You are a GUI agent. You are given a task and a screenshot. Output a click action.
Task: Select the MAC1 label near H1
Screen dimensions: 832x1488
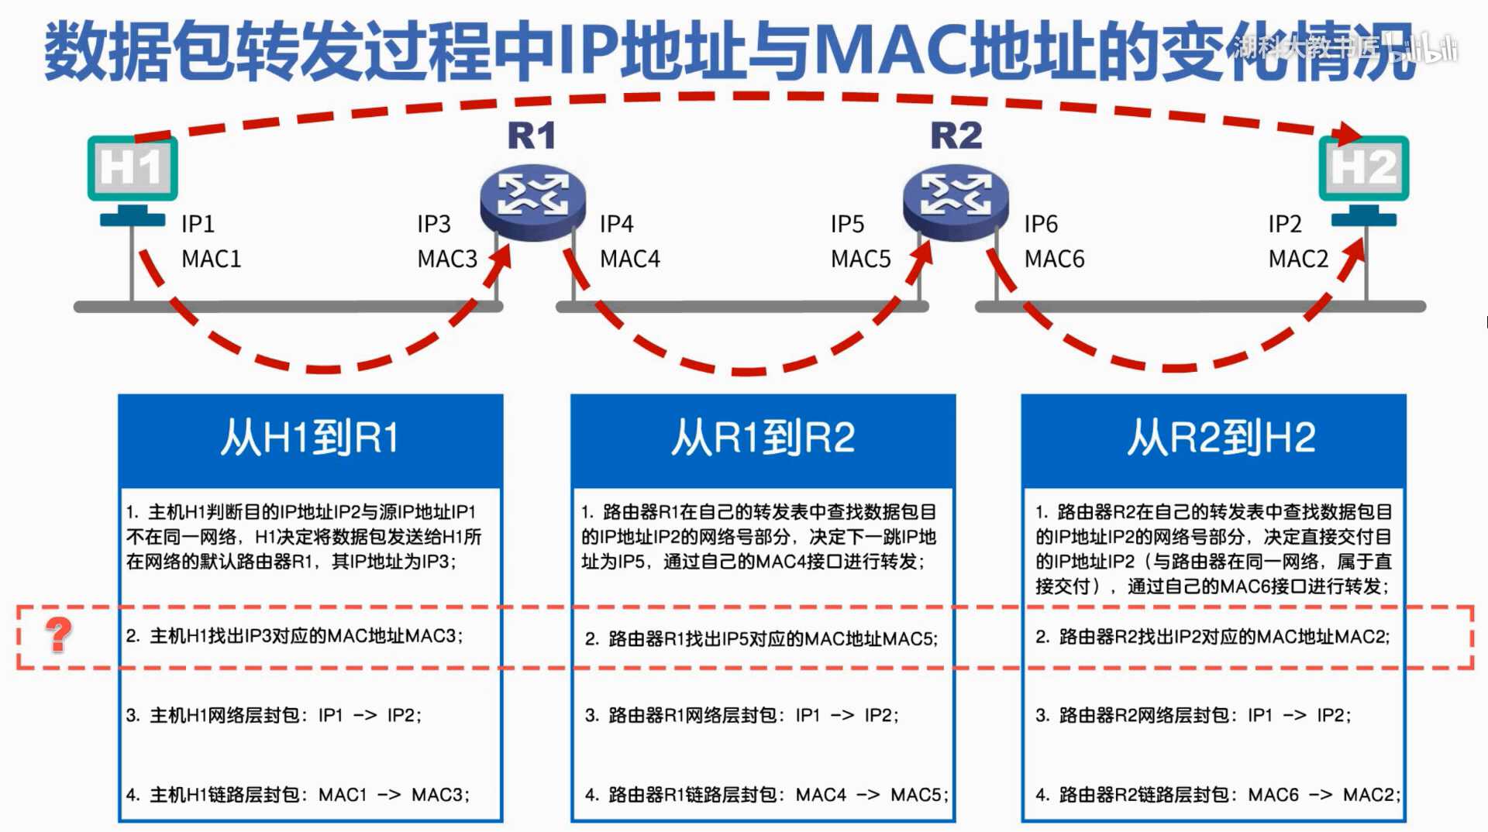click(x=211, y=259)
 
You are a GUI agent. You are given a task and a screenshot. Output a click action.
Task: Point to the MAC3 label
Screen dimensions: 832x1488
click(x=447, y=259)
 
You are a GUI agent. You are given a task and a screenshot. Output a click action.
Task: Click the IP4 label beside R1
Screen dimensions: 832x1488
click(x=617, y=224)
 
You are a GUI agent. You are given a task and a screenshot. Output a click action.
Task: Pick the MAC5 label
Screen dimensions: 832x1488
click(x=860, y=259)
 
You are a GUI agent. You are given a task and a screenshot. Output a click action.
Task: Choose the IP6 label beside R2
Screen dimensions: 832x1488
click(x=1041, y=224)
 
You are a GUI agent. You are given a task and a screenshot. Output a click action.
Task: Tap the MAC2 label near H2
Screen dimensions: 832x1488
click(x=1298, y=259)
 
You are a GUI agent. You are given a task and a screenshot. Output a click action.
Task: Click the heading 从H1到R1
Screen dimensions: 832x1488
click(x=310, y=438)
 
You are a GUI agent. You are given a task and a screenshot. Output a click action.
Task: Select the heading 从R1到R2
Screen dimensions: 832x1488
click(x=763, y=438)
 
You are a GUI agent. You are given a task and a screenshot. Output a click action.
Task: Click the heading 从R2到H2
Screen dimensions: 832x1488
click(x=1221, y=438)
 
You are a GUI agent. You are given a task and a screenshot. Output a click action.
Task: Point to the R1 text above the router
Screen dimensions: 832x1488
click(x=532, y=136)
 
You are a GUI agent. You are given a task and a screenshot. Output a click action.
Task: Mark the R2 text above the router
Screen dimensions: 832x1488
click(x=956, y=136)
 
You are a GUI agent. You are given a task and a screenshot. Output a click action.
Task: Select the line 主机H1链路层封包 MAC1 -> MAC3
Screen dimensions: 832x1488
click(x=298, y=795)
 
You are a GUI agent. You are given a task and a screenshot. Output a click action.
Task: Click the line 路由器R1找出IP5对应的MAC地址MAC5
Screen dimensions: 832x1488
click(x=761, y=639)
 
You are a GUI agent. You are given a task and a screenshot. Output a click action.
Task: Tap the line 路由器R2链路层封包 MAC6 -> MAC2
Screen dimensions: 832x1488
click(x=1218, y=795)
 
